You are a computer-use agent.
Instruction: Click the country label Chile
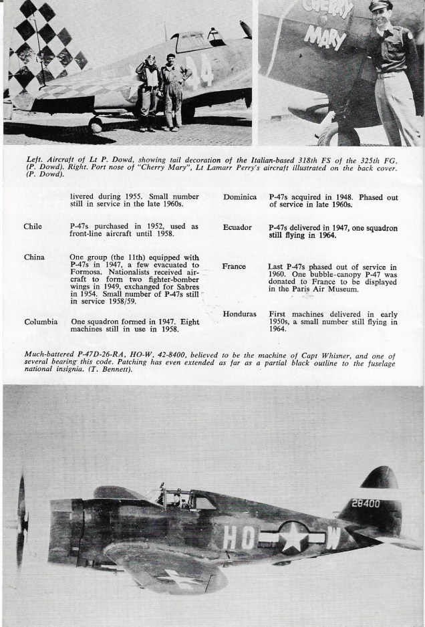pyautogui.click(x=33, y=227)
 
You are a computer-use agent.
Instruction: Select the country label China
pyautogui.click(x=34, y=257)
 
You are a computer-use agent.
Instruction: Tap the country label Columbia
pyautogui.click(x=40, y=322)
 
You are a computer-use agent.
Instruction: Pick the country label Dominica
pyautogui.click(x=241, y=197)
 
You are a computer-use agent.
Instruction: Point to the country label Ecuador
pyautogui.click(x=238, y=228)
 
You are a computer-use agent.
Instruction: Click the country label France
pyautogui.click(x=234, y=267)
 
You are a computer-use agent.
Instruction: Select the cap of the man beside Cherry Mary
pyautogui.click(x=380, y=6)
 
